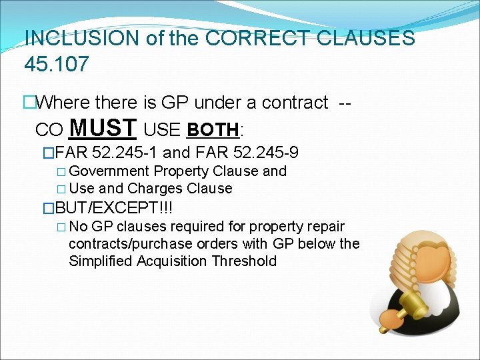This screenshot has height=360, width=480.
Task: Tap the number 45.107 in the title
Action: [55, 65]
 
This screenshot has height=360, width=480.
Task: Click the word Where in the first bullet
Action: [63, 103]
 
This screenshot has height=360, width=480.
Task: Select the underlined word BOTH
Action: [213, 129]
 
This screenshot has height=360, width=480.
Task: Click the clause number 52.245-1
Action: [126, 153]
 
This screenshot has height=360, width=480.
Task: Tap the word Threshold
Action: [244, 261]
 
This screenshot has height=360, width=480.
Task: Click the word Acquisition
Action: [173, 261]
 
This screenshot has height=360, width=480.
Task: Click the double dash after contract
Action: [345, 103]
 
